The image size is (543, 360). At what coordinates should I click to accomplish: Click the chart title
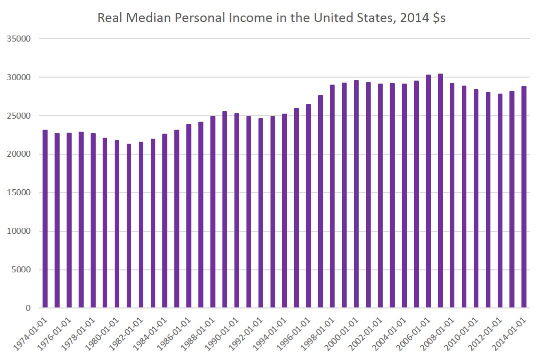point(271,19)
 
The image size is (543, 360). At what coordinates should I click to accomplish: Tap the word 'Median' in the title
point(142,19)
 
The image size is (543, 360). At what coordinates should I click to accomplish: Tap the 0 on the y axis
point(29,308)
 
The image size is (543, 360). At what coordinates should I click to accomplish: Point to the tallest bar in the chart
point(440,191)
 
